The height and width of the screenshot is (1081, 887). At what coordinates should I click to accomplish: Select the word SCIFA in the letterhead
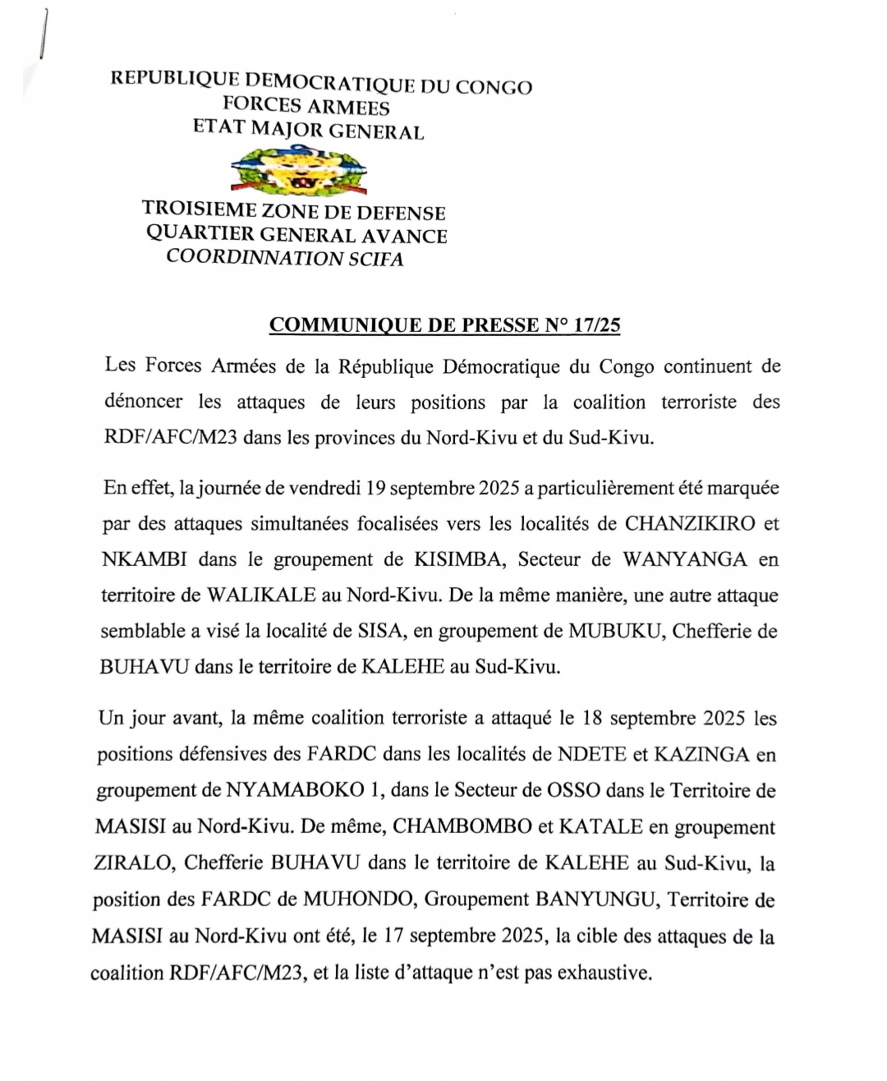tap(377, 258)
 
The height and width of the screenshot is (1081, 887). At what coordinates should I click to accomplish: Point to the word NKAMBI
tap(144, 559)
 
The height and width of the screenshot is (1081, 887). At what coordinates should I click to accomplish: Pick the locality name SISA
tap(401, 632)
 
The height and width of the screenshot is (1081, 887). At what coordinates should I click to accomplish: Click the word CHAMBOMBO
tap(462, 826)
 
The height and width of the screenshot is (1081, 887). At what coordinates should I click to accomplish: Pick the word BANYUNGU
tap(597, 899)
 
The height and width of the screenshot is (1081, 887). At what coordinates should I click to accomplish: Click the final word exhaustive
tap(604, 973)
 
